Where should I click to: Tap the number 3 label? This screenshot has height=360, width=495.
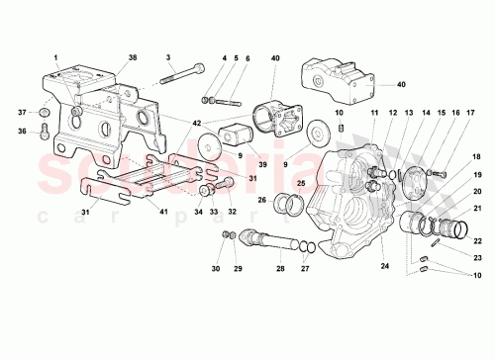[170, 57]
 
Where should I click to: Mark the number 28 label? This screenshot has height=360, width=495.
[279, 268]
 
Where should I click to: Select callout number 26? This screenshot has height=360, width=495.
[262, 200]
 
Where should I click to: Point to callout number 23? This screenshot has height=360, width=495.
[476, 255]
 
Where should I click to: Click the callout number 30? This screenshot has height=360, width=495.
[215, 268]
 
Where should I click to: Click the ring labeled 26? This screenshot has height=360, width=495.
[290, 206]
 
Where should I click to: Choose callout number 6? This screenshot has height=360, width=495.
[247, 57]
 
